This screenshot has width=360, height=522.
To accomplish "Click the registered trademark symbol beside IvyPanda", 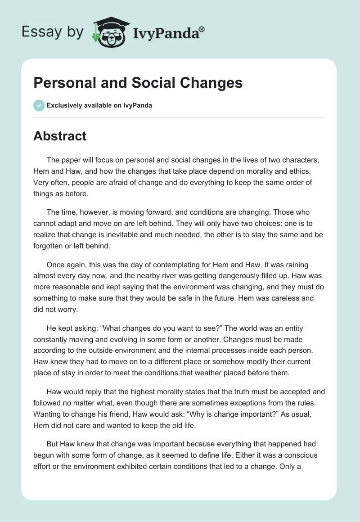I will (x=202, y=29).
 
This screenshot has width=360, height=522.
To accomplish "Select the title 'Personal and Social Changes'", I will (x=138, y=83).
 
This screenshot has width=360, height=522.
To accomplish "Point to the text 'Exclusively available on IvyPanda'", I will (x=99, y=106).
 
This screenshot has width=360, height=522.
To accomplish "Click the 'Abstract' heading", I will (x=60, y=136).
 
